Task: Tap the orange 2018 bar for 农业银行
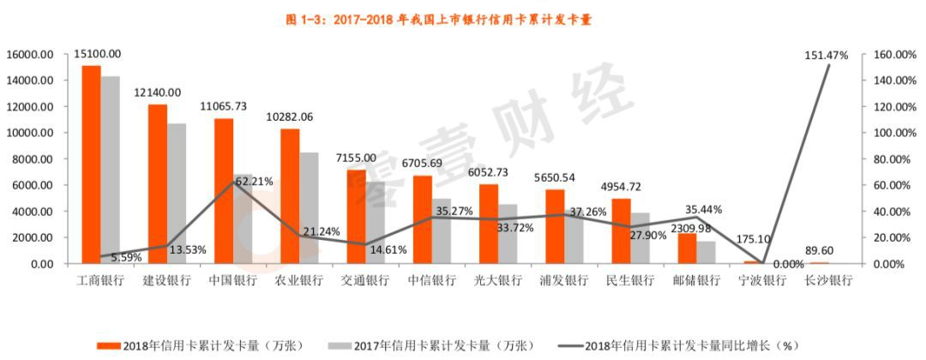[291, 196]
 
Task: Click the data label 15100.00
[97, 53]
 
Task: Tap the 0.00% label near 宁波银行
[787, 265]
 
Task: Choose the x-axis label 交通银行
[364, 281]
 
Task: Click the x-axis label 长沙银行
[828, 281]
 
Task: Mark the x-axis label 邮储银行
[695, 281]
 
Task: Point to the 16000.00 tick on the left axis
[30, 54]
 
